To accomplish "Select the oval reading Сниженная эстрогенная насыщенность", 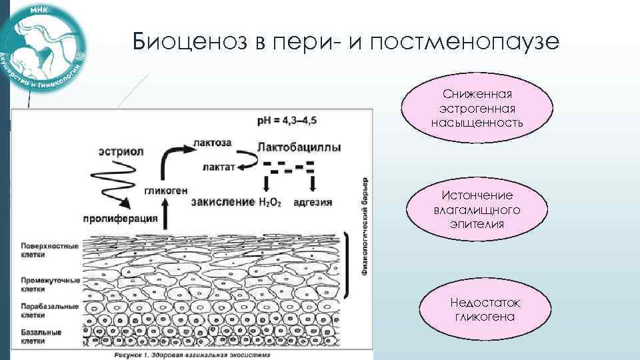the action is pos(477,109).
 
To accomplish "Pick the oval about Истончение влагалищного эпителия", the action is pos(477,209).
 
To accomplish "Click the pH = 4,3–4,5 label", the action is pos(287,121).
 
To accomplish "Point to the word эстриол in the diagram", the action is pos(119,150).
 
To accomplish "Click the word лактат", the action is pos(217,168).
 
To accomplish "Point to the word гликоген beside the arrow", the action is pos(163,189).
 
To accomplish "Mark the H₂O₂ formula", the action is pos(269,201).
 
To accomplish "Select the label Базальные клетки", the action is pos(41,336).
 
